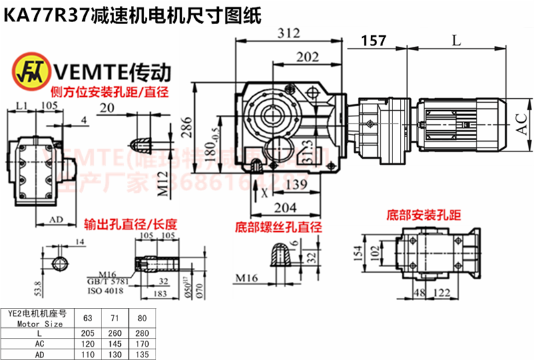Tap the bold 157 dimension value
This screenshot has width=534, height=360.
pyautogui.click(x=374, y=41)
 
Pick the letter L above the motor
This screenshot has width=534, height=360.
pyautogui.click(x=456, y=41)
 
